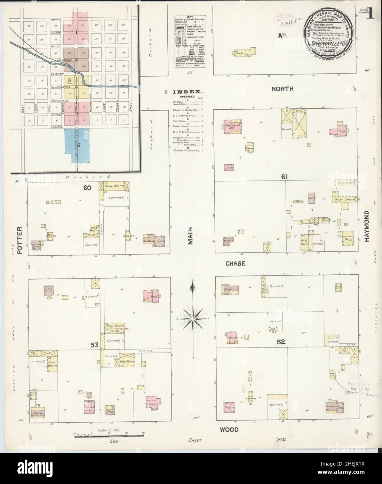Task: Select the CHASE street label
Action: (236, 264)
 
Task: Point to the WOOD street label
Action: (229, 430)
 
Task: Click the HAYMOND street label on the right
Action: (366, 226)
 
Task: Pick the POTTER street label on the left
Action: (19, 240)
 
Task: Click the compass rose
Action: (192, 318)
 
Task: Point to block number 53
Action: (94, 345)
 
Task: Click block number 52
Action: (281, 342)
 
